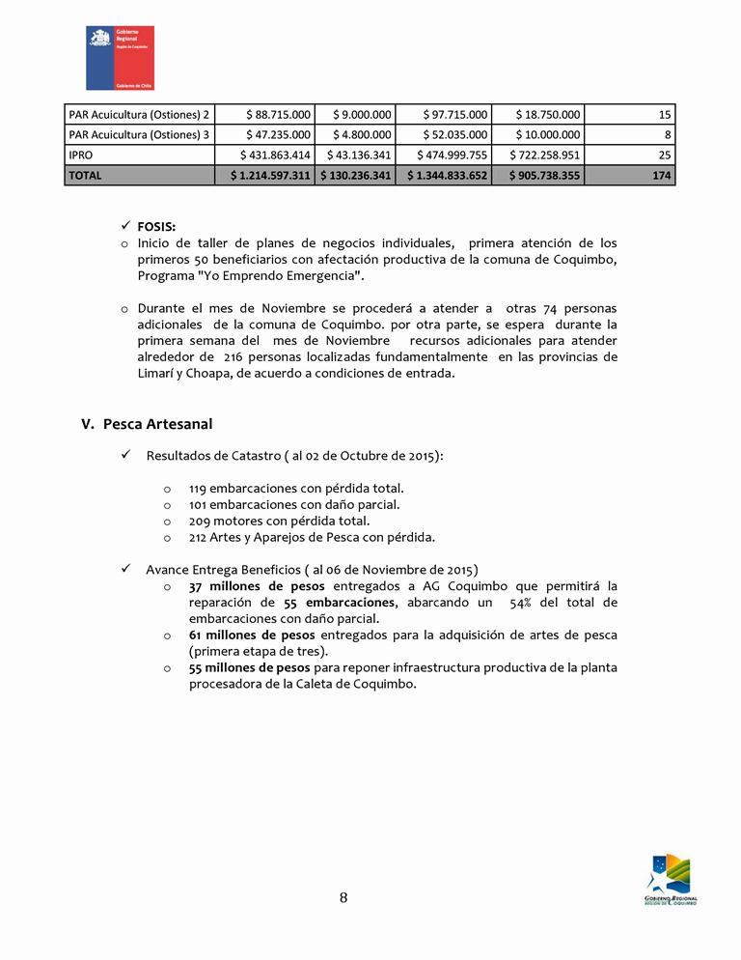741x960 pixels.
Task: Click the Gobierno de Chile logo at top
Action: [121, 58]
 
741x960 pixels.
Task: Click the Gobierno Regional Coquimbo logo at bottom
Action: [672, 880]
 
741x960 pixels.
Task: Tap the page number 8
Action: [343, 898]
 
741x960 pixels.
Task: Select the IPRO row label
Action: [81, 155]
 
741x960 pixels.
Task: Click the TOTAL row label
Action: [85, 176]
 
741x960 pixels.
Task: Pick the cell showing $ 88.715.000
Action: [278, 114]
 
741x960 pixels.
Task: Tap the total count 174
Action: [661, 176]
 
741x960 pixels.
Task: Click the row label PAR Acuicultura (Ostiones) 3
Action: [139, 135]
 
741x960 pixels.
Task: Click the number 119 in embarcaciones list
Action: [200, 489]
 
